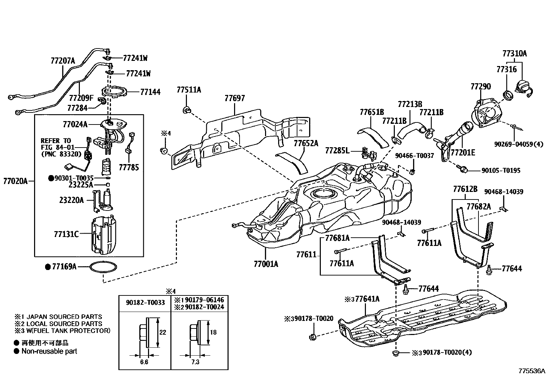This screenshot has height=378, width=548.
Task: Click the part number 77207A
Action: pos(62,61)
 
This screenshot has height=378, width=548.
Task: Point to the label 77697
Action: pos(234,98)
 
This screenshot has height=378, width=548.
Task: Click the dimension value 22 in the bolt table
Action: pos(163,332)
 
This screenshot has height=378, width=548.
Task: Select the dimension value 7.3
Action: pos(195,362)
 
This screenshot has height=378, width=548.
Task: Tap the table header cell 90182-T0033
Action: pos(145,303)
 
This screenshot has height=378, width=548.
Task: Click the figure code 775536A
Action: pos(532,371)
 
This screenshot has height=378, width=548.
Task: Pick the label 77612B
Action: pos(465,189)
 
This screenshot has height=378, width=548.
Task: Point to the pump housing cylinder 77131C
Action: pos(104,235)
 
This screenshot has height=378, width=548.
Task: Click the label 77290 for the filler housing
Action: pos(481,86)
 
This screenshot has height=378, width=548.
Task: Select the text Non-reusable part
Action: pos(49,351)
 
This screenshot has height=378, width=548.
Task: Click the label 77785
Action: pos(129,167)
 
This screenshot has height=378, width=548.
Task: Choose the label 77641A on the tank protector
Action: pos(367,299)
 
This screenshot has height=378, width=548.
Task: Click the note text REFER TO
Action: pos(55,141)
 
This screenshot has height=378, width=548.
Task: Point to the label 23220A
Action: pos(71,200)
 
